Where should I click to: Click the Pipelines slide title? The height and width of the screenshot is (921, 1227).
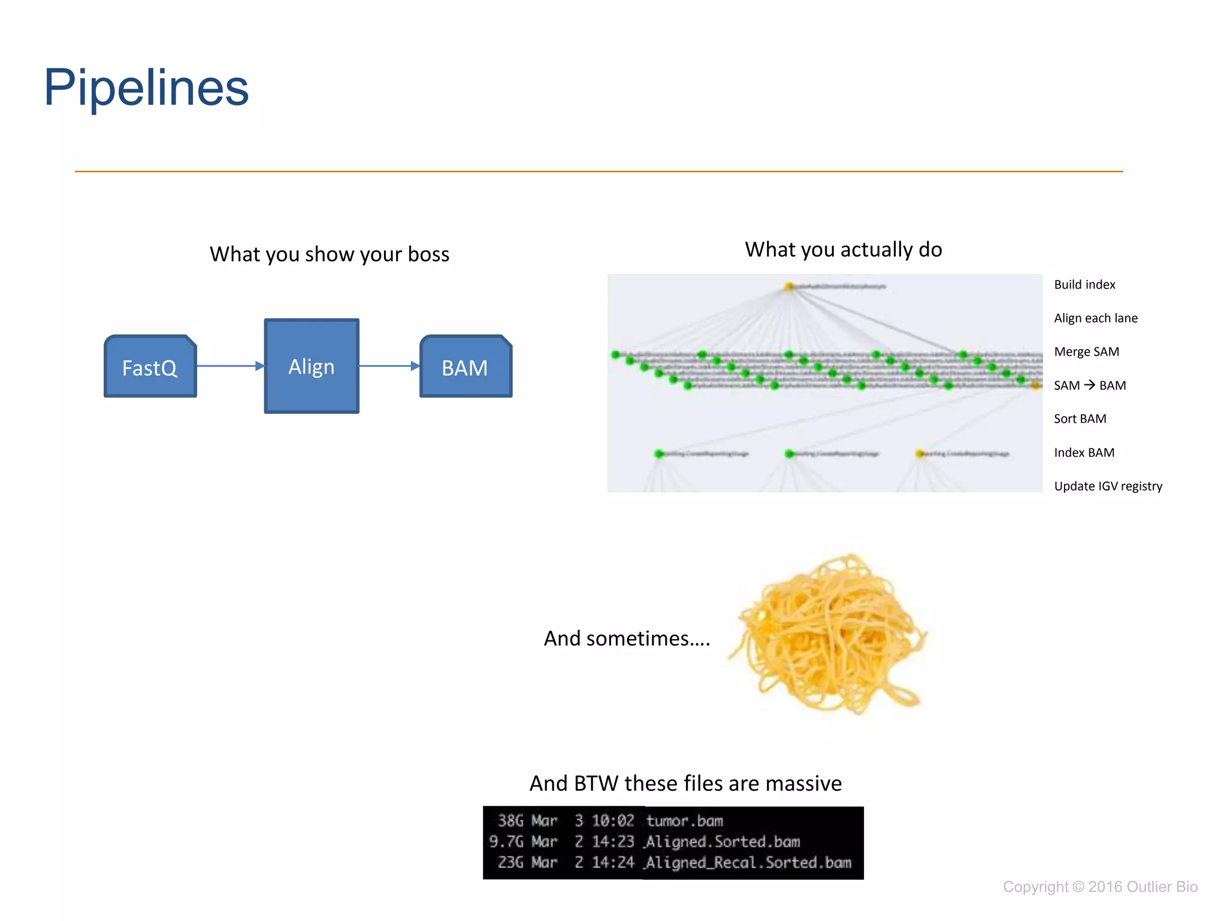pos(146,88)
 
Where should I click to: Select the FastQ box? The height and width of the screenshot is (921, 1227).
pos(150,367)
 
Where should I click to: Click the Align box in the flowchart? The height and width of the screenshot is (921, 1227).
pos(312,366)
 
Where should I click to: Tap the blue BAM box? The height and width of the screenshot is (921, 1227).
pos(466,367)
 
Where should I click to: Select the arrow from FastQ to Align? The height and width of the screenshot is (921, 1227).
pos(229,366)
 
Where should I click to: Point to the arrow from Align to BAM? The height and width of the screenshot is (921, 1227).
pos(389,366)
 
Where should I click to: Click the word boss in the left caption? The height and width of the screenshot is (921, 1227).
pos(428,254)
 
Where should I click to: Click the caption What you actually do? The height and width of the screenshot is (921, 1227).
pos(843,249)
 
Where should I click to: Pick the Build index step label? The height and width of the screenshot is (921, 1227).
pos(1084,285)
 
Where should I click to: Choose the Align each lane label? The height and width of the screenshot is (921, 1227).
pos(1095,318)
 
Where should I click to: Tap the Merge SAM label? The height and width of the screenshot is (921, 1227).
pos(1086,352)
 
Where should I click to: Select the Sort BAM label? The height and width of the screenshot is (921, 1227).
pos(1080,419)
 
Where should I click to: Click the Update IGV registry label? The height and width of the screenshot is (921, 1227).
pos(1108,486)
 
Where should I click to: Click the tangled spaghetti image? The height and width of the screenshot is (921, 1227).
pos(830,636)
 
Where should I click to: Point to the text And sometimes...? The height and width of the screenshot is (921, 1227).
pos(626,639)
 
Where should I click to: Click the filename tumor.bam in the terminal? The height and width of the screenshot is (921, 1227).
pos(684,821)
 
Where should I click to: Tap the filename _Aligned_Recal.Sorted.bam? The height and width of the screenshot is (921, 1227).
pos(748,863)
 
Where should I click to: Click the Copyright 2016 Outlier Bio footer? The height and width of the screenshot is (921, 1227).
pos(1100,887)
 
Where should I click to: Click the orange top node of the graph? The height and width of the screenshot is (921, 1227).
pos(789,287)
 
